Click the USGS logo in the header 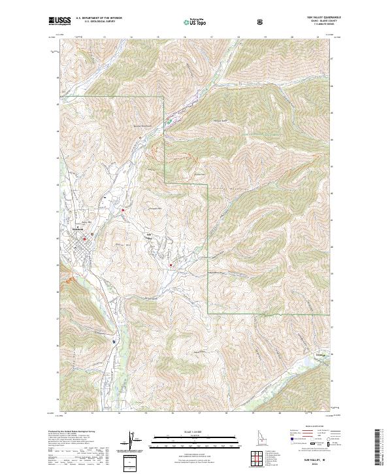coord(60,22)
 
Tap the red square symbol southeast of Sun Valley coord(171,265)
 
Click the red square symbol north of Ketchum coord(123,210)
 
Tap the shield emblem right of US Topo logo coord(261,22)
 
